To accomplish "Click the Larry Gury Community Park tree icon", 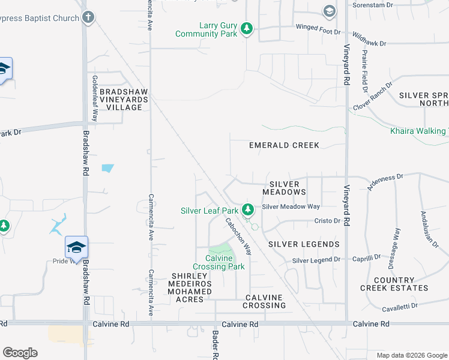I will click(246, 29).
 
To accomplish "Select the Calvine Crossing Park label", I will click(219, 262).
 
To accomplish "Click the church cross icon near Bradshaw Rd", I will click(88, 17).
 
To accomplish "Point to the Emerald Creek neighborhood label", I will click(284, 145).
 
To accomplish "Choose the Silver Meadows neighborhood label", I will click(285, 188).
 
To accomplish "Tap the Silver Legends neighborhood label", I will click(304, 244).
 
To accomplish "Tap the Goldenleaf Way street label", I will click(95, 98).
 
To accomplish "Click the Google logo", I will click(20, 353).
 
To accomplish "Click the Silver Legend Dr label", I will click(316, 260).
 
